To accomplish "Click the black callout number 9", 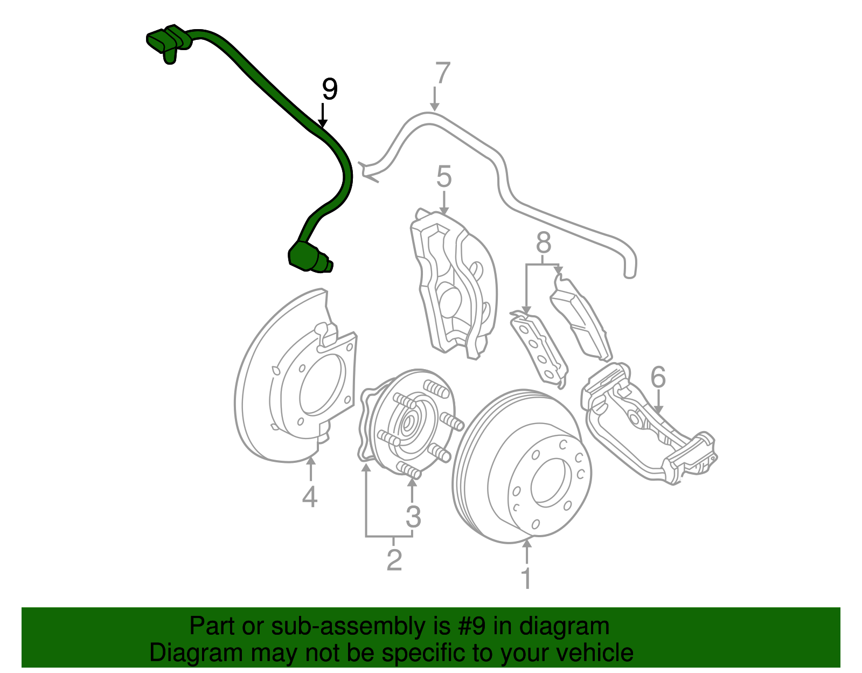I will tap(329, 89).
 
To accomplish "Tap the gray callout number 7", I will tap(441, 73).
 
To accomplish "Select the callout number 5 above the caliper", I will tap(443, 177).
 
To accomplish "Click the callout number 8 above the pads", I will tap(544, 243).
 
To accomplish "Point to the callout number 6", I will tap(658, 377).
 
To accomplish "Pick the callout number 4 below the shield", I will tap(310, 497).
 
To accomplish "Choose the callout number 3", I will tap(413, 517).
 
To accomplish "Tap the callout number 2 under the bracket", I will tap(394, 560).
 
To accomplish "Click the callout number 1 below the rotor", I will tap(526, 579).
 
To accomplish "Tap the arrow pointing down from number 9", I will tap(323, 116).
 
